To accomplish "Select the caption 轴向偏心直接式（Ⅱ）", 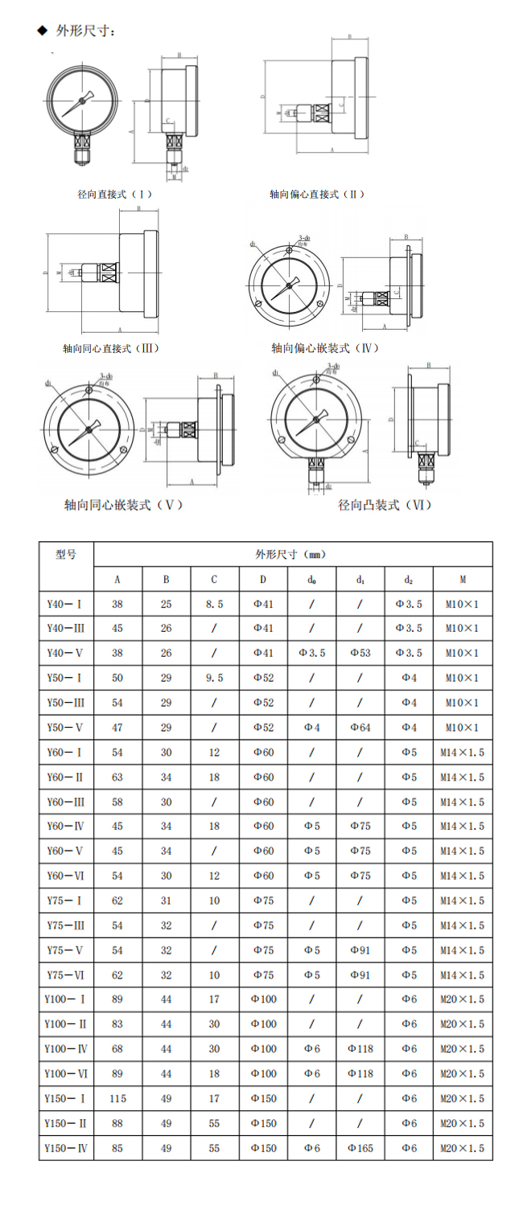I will (317, 195).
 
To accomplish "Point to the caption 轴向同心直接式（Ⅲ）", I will (111, 348).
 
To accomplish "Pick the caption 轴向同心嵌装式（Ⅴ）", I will (124, 505).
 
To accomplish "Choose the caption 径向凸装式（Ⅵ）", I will (385, 505).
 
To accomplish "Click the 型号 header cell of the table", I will (67, 554).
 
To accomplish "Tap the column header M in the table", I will (463, 579).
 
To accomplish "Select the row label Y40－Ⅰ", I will (66, 604).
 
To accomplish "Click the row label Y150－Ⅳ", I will (66, 1148).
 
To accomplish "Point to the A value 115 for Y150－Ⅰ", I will (117, 1098).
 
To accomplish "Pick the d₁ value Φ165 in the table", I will (360, 1148).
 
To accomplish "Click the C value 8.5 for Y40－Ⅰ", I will (214, 604).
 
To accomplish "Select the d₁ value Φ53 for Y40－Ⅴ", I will (360, 653).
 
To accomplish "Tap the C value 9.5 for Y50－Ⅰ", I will (214, 678).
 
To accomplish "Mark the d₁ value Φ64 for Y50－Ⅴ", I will (360, 728).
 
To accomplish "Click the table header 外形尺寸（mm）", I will (290, 554).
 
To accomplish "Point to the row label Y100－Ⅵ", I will (66, 1073).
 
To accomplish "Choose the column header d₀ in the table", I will (311, 579).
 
